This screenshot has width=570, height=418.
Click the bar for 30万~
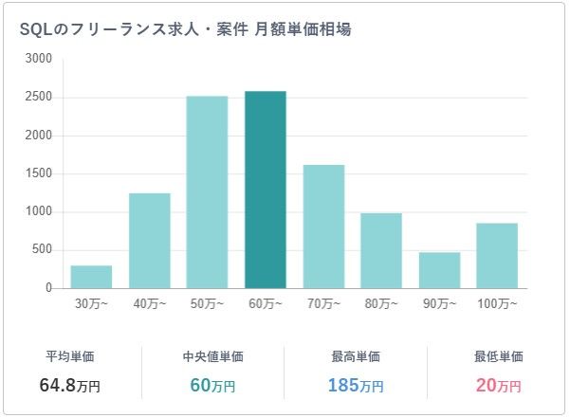pos(91,277)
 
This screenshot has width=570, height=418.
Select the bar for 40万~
pos(150,241)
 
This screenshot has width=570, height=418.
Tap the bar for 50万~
pos(207,192)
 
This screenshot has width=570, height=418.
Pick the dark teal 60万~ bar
pos(266,190)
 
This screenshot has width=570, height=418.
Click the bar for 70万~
pos(323,227)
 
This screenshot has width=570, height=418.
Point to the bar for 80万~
pos(381,250)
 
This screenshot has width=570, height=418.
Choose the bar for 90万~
pos(439,270)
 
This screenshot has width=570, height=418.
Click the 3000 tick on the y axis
pos(39,59)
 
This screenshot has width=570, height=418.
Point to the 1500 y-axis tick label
pos(39,173)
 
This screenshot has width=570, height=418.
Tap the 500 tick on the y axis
pos(43,250)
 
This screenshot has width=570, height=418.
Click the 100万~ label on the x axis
pos(497,304)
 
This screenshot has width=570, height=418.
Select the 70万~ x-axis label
pos(323,304)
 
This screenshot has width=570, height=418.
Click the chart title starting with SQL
pos(185,29)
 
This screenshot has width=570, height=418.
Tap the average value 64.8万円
pos(69,386)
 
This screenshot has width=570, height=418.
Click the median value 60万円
pos(212,386)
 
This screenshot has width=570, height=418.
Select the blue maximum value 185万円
pos(356,386)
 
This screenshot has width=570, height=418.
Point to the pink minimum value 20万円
pos(498,386)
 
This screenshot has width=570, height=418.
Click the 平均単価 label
pos(69,357)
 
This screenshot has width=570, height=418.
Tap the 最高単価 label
pos(356,357)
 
